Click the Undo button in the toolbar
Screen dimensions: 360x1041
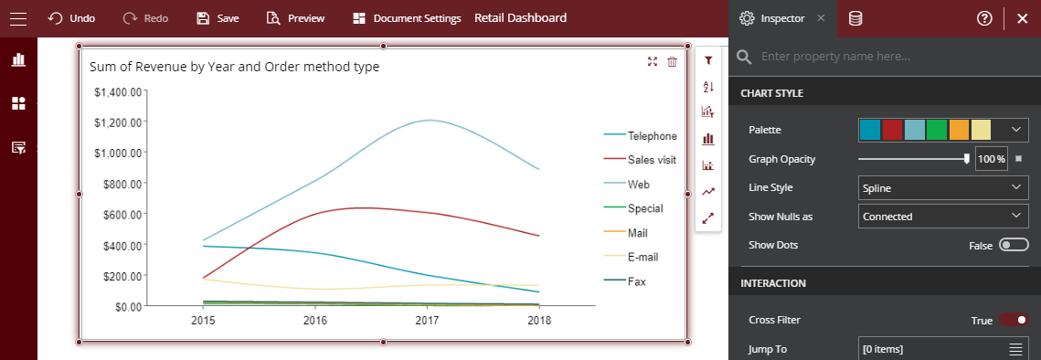point(71,18)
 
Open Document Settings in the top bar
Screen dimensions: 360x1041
point(407,18)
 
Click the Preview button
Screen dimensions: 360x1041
point(295,18)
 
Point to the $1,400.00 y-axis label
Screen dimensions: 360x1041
point(118,92)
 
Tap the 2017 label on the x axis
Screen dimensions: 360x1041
point(427,322)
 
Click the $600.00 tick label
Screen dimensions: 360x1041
point(118,215)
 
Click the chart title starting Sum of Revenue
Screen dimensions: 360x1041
point(234,67)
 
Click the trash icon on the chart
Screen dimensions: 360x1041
point(673,61)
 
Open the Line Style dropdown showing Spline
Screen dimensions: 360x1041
point(944,188)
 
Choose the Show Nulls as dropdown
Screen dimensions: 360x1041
point(944,217)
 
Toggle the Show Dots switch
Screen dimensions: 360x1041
point(1014,245)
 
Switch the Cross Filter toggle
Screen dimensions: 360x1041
point(1014,320)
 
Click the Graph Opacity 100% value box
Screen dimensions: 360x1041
point(992,159)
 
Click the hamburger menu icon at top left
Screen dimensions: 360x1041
point(17,18)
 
